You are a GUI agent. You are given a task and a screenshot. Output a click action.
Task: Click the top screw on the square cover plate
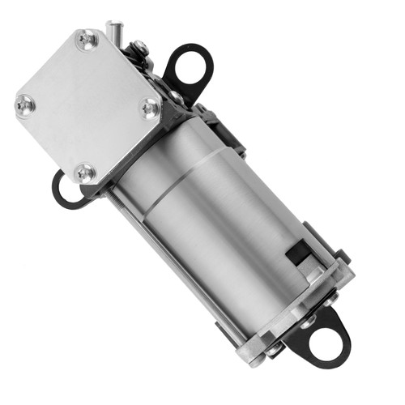(86, 39)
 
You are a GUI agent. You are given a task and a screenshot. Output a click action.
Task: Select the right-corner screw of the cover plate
(148, 106)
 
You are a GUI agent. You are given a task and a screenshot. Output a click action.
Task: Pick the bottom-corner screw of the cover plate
(85, 172)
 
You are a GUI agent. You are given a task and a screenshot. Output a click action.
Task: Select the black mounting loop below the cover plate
(63, 188)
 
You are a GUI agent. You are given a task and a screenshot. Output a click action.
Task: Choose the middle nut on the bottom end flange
(308, 322)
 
